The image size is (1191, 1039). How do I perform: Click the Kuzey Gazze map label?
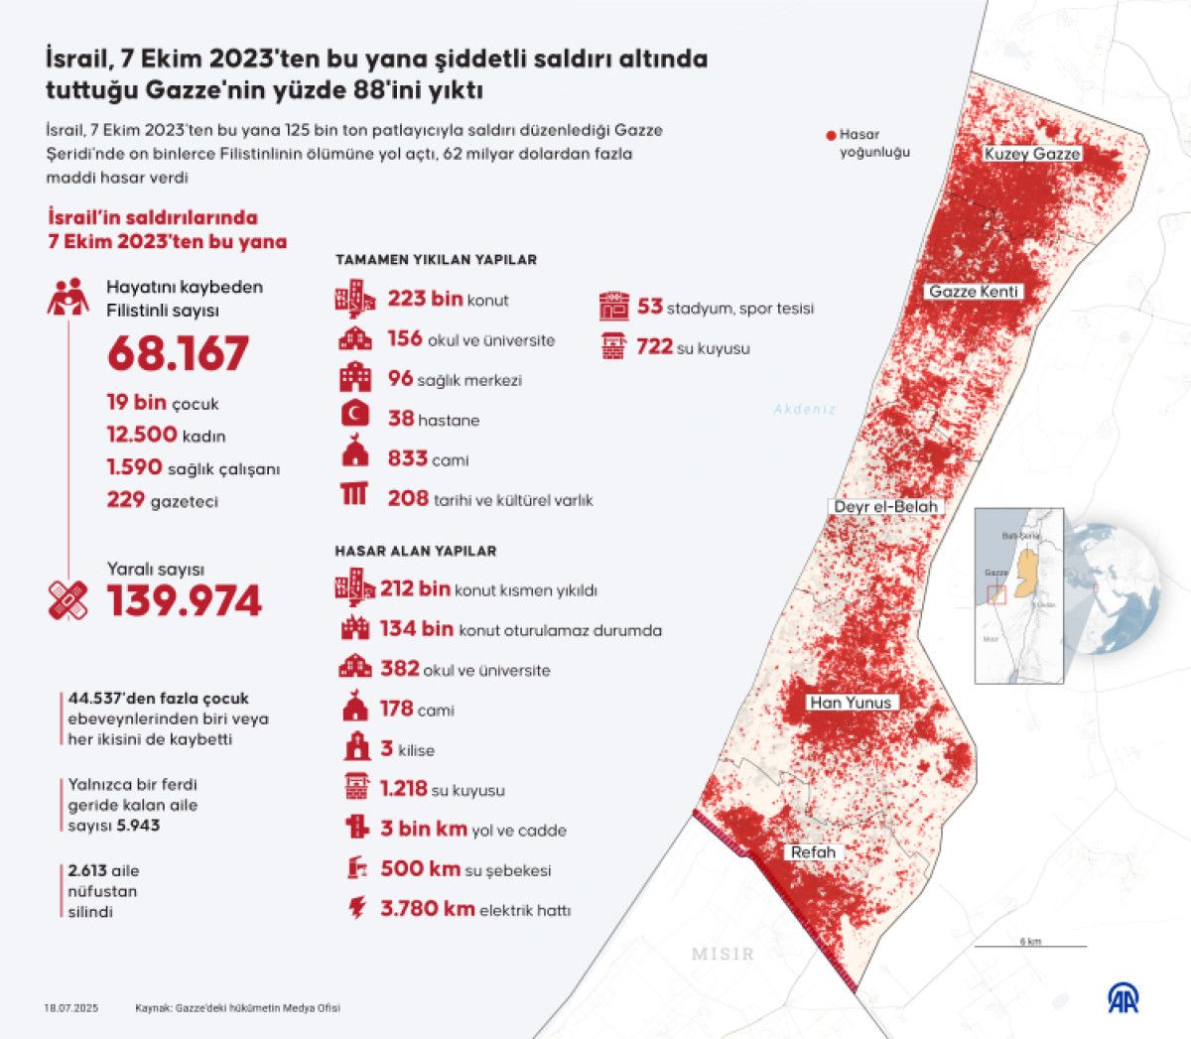(x=1032, y=154)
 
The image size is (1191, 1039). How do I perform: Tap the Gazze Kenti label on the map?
(x=974, y=292)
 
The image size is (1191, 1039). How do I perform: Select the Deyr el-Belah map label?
(x=885, y=506)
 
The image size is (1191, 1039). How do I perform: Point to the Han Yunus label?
(x=851, y=703)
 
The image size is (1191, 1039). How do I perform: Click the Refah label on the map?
(x=813, y=852)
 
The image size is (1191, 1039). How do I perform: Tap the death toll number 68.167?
(x=179, y=354)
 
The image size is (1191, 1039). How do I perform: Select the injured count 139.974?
(x=185, y=601)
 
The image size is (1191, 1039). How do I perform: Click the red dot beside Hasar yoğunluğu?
(x=831, y=135)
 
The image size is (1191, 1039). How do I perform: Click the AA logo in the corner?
(x=1124, y=998)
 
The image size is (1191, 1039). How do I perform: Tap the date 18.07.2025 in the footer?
(x=70, y=1008)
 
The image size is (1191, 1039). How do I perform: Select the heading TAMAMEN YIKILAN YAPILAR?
(x=436, y=260)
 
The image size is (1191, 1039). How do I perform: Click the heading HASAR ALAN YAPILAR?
(x=415, y=551)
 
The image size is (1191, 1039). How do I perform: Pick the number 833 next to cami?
(x=407, y=458)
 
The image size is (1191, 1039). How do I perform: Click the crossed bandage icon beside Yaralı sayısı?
(x=67, y=601)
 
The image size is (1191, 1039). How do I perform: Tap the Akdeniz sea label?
(x=805, y=409)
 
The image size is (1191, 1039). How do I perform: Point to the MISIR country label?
(x=723, y=954)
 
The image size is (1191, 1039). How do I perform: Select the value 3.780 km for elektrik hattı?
(x=428, y=909)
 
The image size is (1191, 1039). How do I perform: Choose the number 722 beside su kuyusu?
(x=654, y=347)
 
